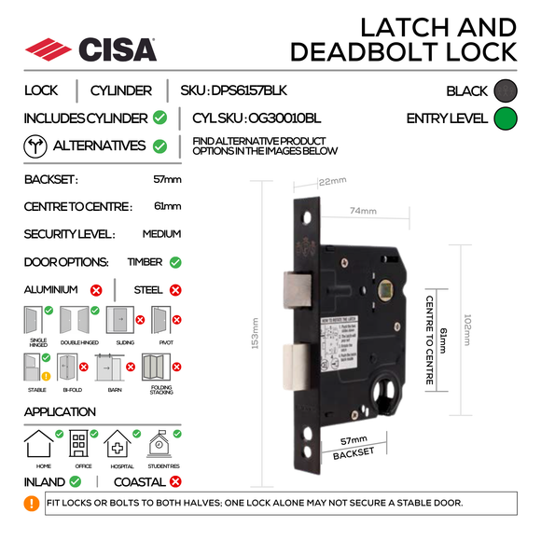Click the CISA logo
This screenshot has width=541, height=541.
coord(90,49)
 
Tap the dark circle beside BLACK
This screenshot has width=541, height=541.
coord(505,90)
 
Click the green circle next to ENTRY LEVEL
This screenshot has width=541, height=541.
coord(505,118)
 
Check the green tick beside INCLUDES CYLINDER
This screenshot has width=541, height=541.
coord(160,118)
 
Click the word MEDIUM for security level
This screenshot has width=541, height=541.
coord(161,234)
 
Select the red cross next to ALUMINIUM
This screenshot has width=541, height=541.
coord(95,290)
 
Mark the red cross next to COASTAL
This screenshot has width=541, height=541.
coord(174,482)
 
